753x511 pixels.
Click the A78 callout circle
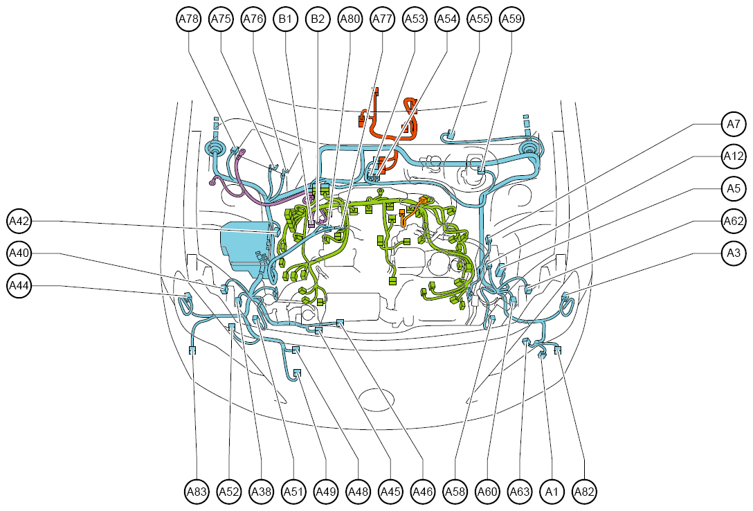[x=189, y=19]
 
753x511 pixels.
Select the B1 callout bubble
[x=285, y=19]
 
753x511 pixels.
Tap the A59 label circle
[x=511, y=19]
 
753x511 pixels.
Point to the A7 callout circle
[x=734, y=125]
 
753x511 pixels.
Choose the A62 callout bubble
[x=734, y=221]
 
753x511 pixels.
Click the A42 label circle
[x=19, y=221]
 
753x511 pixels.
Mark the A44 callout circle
[x=19, y=286]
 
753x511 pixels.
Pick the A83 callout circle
[x=197, y=492]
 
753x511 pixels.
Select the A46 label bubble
[x=423, y=492]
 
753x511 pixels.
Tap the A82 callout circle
[x=584, y=492]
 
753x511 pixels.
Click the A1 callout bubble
[x=552, y=492]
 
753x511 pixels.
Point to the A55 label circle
[x=479, y=19]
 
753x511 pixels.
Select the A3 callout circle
[x=734, y=253]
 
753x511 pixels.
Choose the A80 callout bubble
[x=350, y=19]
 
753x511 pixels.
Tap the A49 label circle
[x=326, y=492]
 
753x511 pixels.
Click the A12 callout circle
[x=734, y=156]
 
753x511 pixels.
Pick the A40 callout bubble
[x=19, y=253]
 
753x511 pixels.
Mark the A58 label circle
[x=455, y=492]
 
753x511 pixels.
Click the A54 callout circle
[x=447, y=19]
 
